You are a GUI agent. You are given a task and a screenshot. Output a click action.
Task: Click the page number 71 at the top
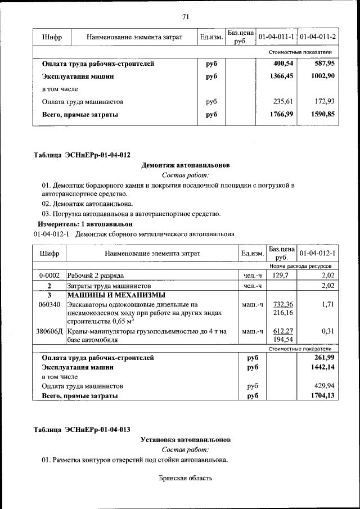pos(185,16)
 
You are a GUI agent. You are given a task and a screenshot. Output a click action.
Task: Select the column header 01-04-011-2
pos(318,37)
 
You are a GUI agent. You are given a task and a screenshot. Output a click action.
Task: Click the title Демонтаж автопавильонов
pos(185,165)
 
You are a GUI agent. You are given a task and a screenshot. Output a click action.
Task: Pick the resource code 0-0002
pos(49,276)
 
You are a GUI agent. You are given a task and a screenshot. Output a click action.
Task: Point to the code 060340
pos(49,304)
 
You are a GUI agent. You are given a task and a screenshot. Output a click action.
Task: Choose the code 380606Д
pos(50,332)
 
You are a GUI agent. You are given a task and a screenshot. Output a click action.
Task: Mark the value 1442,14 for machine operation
pos(323,367)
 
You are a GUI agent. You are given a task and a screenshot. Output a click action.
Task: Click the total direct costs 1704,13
pos(323,396)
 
